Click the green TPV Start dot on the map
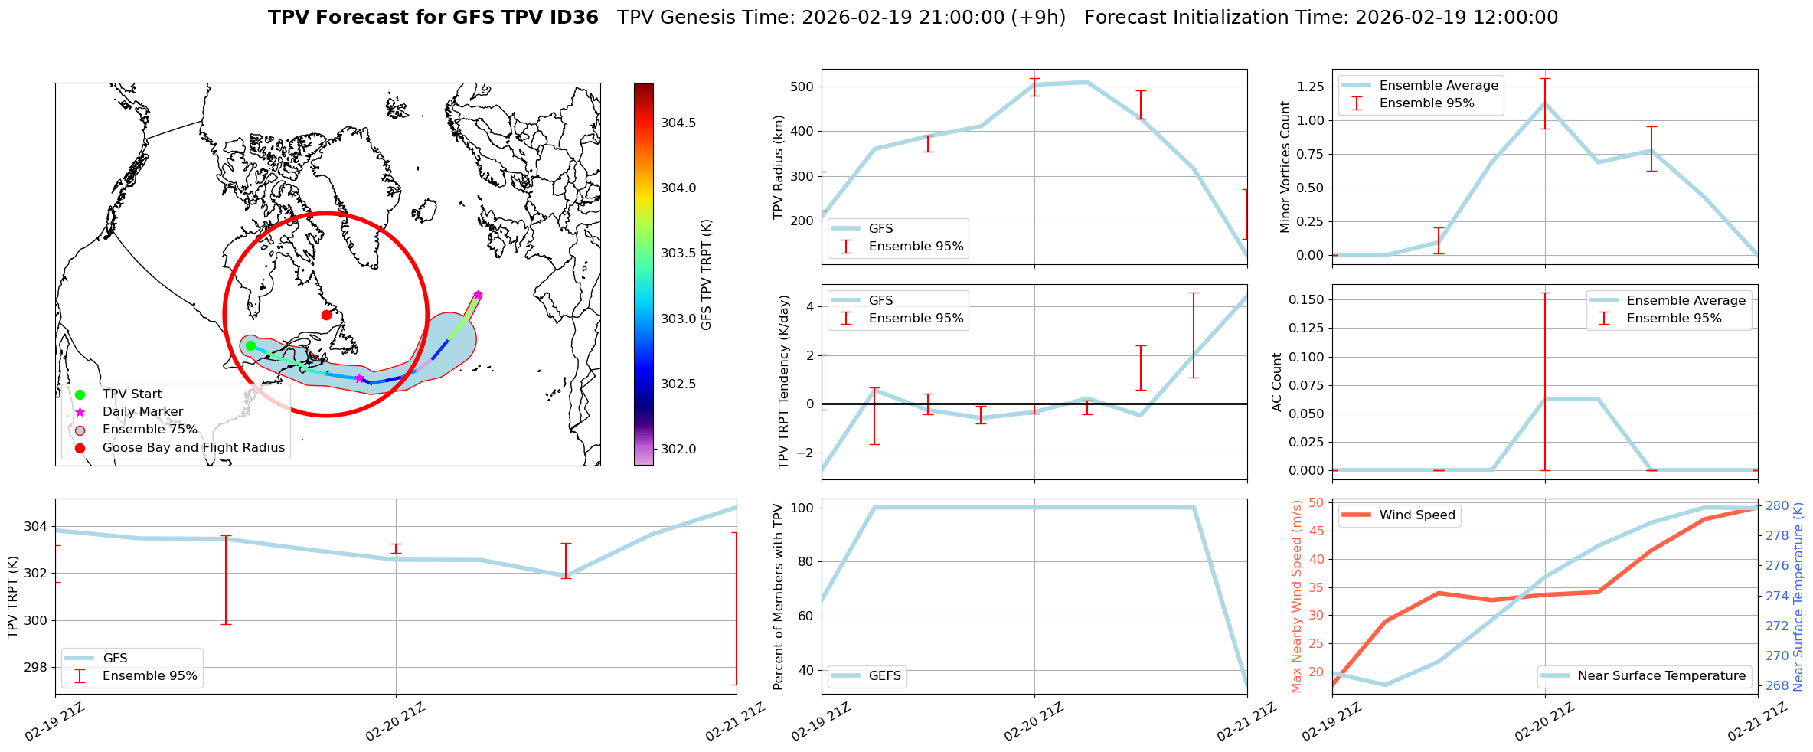(x=250, y=346)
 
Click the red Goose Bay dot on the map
(x=326, y=315)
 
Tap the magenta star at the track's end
(x=478, y=295)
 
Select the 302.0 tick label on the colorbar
(x=678, y=449)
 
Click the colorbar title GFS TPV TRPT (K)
(x=706, y=275)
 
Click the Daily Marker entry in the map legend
(x=142, y=412)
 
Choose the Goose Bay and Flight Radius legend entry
(x=193, y=448)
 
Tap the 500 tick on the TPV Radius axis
(x=802, y=87)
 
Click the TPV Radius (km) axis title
(x=779, y=167)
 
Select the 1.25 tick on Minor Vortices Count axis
(x=1310, y=87)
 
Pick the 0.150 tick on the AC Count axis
(x=1302, y=299)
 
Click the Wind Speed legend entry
(x=1416, y=515)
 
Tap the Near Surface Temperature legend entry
(x=1661, y=676)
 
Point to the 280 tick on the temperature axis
(x=1777, y=506)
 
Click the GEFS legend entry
(x=884, y=676)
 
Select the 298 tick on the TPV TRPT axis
(x=35, y=668)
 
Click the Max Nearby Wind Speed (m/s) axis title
(x=1296, y=597)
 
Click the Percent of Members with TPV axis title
(x=779, y=597)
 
